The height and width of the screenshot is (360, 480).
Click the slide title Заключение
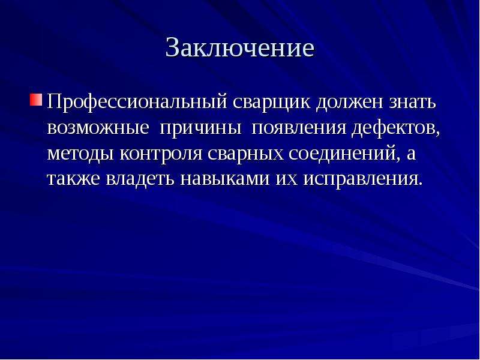click(x=239, y=47)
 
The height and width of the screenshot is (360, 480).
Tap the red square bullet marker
click(x=36, y=100)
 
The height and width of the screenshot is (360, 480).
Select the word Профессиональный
click(x=137, y=102)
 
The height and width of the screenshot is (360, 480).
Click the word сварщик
click(x=272, y=102)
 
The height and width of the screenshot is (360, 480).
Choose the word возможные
click(x=98, y=128)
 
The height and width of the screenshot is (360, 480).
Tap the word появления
click(x=299, y=128)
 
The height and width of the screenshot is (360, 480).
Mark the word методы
click(x=80, y=154)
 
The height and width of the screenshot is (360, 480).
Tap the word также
click(x=73, y=179)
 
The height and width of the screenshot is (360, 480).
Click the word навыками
click(x=225, y=179)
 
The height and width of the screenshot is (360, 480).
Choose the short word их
click(x=287, y=179)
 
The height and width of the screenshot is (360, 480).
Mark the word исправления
click(x=362, y=180)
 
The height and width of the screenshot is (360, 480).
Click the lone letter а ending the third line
click(x=411, y=154)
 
